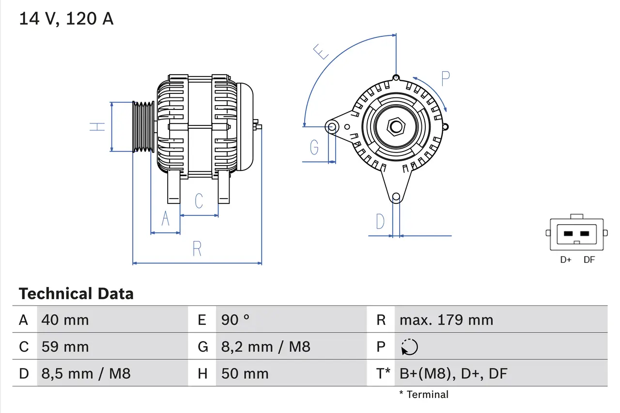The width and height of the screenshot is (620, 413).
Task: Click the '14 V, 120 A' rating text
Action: pos(66,18)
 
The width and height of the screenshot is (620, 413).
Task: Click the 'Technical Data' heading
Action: pos(76,293)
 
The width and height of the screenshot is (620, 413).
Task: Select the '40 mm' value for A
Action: pos(65,320)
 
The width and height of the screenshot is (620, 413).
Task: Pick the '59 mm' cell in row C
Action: pos(65,347)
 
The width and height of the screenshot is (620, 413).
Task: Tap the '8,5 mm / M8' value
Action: pos(86,373)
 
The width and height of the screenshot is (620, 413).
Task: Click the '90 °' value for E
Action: pos(235,320)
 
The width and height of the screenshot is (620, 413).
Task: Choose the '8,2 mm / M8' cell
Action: pos(265,347)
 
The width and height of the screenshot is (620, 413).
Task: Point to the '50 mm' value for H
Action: pos(245,373)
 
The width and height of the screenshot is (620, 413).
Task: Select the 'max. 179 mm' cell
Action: pos(446,320)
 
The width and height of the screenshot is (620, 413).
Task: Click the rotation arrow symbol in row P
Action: pos(409,347)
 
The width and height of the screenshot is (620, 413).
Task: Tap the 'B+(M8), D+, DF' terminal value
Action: pos(453,373)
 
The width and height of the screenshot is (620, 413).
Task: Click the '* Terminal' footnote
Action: pos(424,395)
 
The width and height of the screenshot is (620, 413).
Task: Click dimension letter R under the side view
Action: pos(197,249)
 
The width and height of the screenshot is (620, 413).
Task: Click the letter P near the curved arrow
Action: pos(446,78)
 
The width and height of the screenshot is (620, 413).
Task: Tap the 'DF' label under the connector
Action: pos(589,260)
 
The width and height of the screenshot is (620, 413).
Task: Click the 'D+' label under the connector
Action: pos(566,260)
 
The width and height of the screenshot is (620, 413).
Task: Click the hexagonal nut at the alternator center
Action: pos(396,127)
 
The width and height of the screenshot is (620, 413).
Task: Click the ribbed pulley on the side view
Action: pos(143,127)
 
